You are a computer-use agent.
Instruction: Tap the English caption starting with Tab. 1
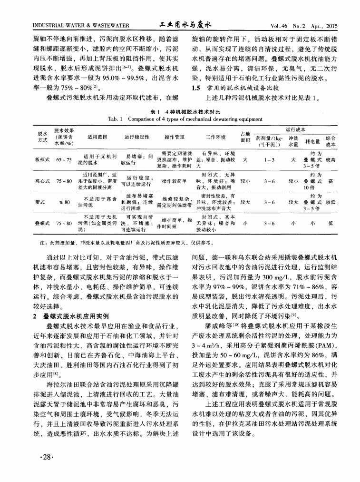click(179, 118)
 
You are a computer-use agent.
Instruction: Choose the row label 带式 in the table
click(40, 202)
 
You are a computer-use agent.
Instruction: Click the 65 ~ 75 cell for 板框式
click(64, 161)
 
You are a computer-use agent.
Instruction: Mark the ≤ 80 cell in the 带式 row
click(64, 202)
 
